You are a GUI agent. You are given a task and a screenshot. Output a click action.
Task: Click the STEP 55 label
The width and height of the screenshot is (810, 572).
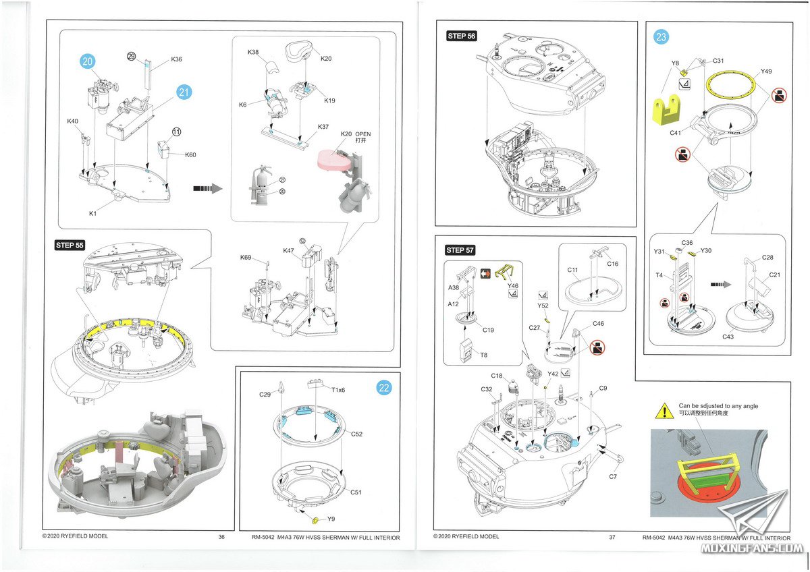click(70, 245)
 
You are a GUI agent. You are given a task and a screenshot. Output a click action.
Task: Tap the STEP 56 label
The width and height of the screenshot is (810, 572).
click(461, 36)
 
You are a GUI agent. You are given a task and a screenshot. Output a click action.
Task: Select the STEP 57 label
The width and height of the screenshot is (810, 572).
click(460, 250)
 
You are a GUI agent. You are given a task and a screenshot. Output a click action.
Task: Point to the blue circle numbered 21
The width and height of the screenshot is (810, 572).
click(184, 93)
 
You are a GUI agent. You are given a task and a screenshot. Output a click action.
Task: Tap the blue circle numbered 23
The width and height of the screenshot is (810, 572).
click(661, 38)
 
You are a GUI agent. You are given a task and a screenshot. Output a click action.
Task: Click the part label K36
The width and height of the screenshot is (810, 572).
click(176, 59)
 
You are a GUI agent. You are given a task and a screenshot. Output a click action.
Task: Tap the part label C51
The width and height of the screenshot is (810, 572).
click(356, 492)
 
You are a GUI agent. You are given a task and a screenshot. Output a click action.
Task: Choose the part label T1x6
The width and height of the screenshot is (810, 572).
click(338, 390)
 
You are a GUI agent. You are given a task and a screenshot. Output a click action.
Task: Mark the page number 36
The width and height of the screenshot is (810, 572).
click(221, 537)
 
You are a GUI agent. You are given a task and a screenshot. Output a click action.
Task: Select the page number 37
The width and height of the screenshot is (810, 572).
click(612, 537)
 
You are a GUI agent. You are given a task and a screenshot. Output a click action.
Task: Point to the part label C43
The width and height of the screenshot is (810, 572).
click(728, 336)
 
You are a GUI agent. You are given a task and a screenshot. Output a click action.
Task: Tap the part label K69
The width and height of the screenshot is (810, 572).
click(246, 258)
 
